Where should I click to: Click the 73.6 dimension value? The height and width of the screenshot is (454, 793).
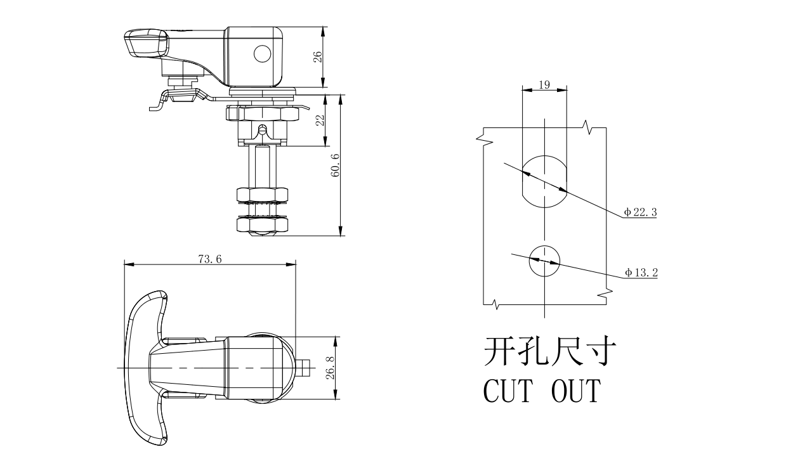[x=209, y=259]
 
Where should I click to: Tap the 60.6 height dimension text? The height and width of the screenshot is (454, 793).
[x=335, y=165]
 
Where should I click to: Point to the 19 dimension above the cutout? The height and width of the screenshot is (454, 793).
[x=544, y=84]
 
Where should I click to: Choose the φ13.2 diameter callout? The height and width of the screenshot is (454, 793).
[x=641, y=273]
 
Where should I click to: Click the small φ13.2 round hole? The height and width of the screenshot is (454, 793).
[x=544, y=261]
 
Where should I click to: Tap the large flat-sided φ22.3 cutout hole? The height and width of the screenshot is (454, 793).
[x=544, y=180]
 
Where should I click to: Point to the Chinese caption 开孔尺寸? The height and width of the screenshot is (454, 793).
[x=547, y=351]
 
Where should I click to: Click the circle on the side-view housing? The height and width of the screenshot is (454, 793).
[x=262, y=54]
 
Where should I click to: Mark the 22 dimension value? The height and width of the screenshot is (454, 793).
[x=320, y=120]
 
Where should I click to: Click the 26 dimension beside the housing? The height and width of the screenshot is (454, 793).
[x=318, y=56]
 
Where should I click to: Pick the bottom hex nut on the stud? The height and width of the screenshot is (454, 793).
[x=263, y=224]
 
